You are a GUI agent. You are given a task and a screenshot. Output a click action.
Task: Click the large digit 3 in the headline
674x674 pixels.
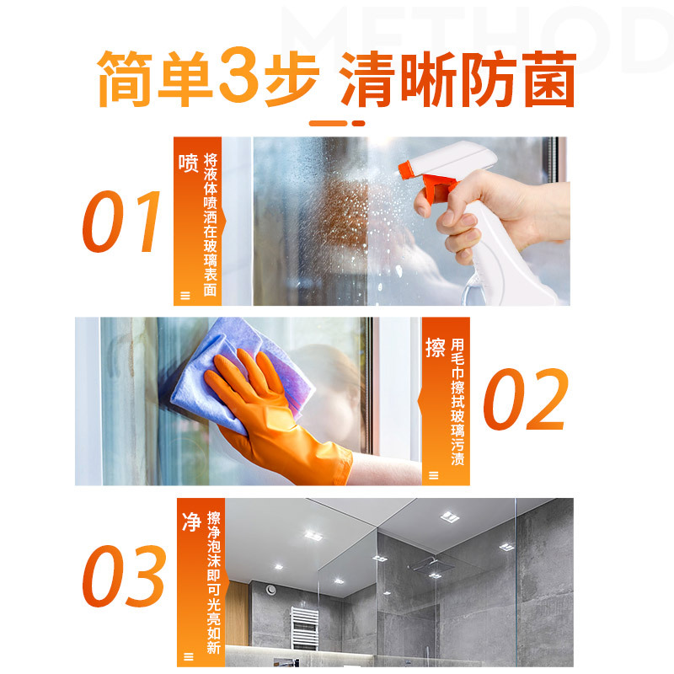[x=239, y=72]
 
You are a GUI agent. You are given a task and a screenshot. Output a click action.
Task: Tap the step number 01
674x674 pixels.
[x=121, y=222]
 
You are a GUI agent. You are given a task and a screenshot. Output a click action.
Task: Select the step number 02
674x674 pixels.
[x=526, y=399]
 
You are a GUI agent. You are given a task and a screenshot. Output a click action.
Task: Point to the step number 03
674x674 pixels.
[x=124, y=576]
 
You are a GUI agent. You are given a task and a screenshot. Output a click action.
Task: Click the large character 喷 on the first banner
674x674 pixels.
[x=188, y=163]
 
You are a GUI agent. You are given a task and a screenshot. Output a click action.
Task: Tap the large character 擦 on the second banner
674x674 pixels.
[x=436, y=347]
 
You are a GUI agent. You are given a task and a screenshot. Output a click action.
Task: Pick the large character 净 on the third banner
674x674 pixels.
[x=192, y=522]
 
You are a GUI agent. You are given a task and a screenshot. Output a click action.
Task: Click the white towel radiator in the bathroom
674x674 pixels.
[x=304, y=628]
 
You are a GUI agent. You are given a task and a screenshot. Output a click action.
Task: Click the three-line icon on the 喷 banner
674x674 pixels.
[x=185, y=296]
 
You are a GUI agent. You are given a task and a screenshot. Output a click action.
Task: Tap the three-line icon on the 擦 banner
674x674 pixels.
[x=434, y=475]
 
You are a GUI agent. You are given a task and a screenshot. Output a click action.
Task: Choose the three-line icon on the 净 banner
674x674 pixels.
[x=189, y=656]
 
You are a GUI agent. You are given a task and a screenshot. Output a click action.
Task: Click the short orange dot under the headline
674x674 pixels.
[x=359, y=123]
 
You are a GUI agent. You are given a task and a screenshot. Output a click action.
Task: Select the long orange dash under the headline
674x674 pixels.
[x=328, y=123]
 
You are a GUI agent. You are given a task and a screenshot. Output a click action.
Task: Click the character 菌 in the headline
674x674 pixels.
[x=551, y=78]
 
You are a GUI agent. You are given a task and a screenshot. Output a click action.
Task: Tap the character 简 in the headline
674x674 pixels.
[x=125, y=78]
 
